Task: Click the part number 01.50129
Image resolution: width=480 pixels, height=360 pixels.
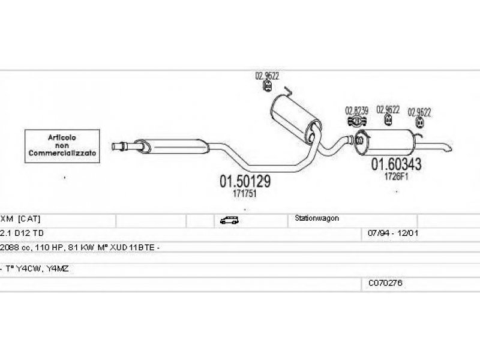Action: [245, 181]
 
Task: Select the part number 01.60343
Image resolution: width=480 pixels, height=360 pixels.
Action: [396, 164]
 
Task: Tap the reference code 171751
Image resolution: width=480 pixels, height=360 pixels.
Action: [244, 193]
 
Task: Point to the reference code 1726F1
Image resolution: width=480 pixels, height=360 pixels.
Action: [397, 176]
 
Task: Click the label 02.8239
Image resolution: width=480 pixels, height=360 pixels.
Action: [356, 110]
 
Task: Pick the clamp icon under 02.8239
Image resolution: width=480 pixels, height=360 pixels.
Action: [357, 121]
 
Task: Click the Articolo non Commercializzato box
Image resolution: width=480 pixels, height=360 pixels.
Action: [62, 146]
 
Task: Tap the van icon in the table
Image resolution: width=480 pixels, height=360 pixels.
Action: [229, 220]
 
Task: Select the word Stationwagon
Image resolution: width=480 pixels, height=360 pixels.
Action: [317, 218]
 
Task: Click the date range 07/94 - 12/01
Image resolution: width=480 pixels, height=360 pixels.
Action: [393, 233]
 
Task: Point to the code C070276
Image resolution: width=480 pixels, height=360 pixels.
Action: [385, 283]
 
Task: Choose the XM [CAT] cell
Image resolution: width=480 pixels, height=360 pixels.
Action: [20, 218]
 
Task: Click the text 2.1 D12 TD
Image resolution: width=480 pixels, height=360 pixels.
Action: [22, 233]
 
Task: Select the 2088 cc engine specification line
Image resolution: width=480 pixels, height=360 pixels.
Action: [80, 247]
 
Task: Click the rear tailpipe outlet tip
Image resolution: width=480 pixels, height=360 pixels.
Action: [449, 149]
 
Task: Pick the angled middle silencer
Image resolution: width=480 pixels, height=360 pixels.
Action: [296, 119]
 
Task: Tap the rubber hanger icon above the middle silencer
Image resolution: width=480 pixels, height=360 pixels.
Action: [268, 86]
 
